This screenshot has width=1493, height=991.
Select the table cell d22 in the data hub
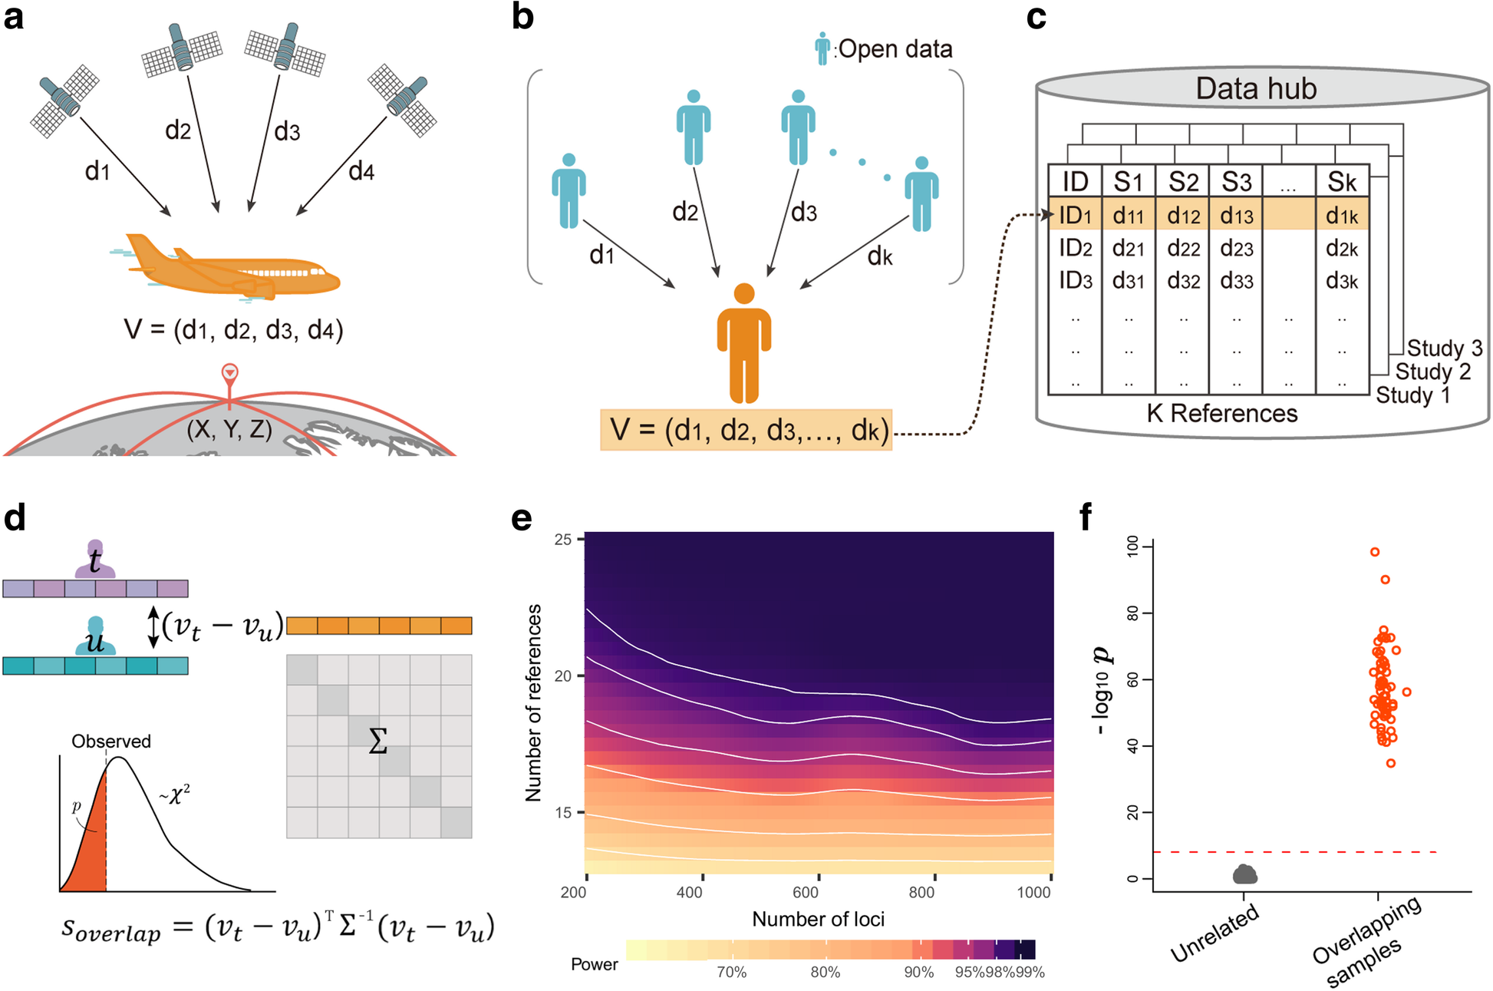(1183, 249)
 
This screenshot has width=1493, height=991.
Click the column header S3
(1236, 182)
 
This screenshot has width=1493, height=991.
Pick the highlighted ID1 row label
(1075, 216)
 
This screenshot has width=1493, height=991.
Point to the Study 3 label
(1444, 348)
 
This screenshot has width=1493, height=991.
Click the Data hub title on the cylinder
(1256, 88)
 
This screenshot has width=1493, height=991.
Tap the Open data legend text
(895, 49)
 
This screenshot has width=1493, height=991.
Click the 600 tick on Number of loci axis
(806, 892)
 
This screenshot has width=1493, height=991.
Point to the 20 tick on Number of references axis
(563, 676)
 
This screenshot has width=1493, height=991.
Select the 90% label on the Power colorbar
(918, 972)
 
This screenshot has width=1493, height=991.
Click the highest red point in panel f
(1375, 552)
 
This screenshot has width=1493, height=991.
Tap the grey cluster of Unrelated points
(1244, 874)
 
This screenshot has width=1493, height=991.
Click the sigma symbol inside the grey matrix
(377, 742)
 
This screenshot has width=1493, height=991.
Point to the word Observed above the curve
(111, 742)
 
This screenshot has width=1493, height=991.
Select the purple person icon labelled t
(94, 559)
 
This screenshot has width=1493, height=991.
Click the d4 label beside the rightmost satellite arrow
(361, 171)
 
